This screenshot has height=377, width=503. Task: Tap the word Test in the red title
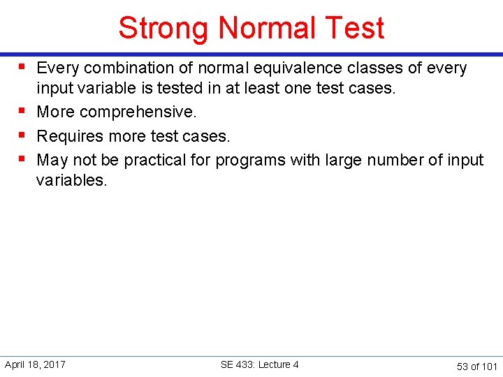pyautogui.click(x=353, y=28)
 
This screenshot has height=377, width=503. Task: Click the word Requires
pyautogui.click(x=68, y=135)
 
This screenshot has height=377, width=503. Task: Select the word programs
pyautogui.click(x=246, y=160)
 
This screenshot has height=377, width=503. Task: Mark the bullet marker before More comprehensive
pyautogui.click(x=23, y=110)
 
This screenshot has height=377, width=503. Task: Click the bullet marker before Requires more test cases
pyautogui.click(x=23, y=134)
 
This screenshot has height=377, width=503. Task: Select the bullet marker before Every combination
pyautogui.click(x=23, y=66)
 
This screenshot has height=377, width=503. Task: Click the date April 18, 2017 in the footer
pyautogui.click(x=35, y=364)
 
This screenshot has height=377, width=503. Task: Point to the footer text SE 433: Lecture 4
pyautogui.click(x=259, y=364)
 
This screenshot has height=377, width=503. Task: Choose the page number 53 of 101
pyautogui.click(x=476, y=366)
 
